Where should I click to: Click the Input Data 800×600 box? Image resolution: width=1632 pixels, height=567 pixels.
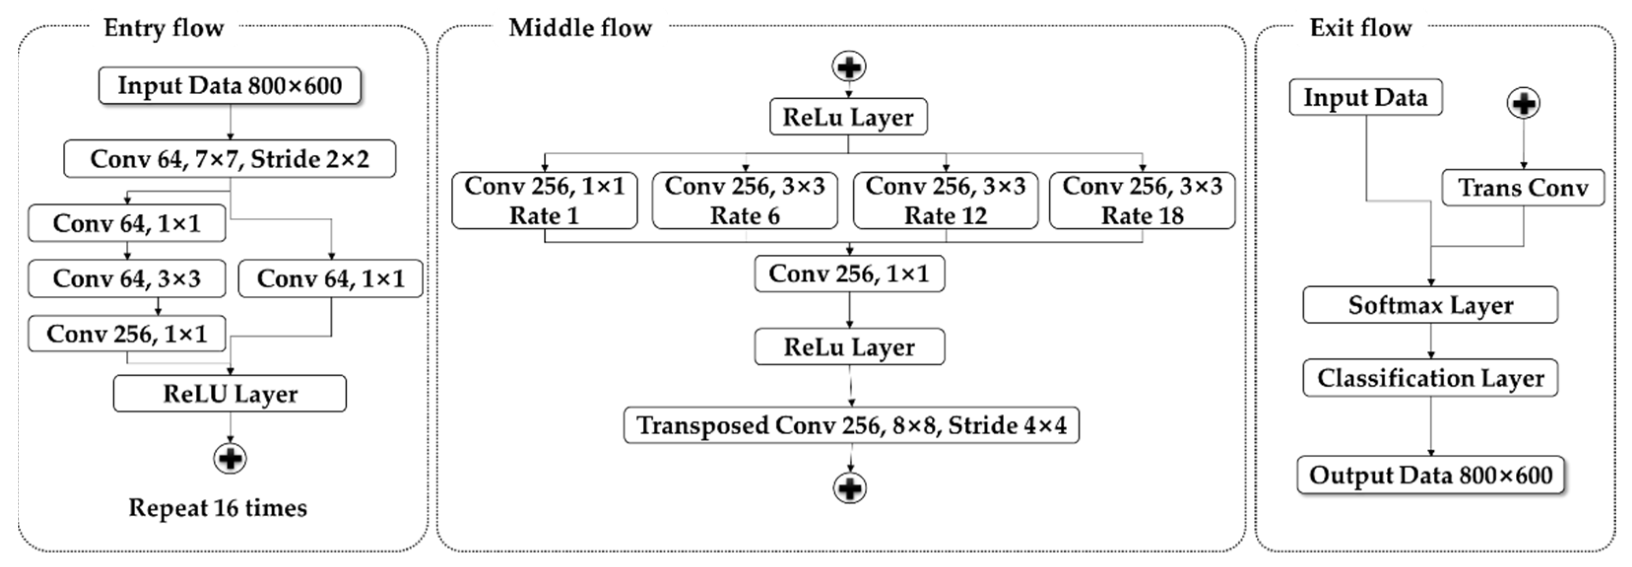click(x=229, y=86)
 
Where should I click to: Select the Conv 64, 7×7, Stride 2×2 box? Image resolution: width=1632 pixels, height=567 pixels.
click(x=229, y=159)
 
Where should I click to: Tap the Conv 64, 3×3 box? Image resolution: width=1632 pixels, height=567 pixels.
click(x=127, y=279)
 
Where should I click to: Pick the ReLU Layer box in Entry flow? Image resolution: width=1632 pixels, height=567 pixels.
click(x=230, y=394)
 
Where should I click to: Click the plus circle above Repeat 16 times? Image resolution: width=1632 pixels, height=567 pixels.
click(x=230, y=458)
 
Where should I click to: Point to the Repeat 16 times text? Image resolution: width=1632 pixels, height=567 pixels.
click(x=218, y=508)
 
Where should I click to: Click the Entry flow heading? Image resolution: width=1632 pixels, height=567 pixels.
click(x=163, y=28)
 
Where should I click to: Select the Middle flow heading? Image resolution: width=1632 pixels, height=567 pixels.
click(x=580, y=28)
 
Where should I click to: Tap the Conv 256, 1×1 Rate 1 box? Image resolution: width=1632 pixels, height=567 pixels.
click(x=544, y=200)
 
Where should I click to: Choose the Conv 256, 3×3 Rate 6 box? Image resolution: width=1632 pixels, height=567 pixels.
click(x=745, y=200)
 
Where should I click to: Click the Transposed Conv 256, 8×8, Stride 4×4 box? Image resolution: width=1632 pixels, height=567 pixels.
click(x=851, y=425)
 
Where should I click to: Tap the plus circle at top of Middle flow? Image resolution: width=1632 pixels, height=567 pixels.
click(x=849, y=67)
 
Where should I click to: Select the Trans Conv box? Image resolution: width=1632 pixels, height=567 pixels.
click(x=1523, y=188)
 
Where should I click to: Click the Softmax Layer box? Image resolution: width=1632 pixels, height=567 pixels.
click(x=1430, y=305)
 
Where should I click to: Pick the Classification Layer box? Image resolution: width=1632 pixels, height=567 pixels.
click(x=1430, y=378)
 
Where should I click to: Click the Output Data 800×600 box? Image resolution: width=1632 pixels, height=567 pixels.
click(x=1430, y=475)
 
